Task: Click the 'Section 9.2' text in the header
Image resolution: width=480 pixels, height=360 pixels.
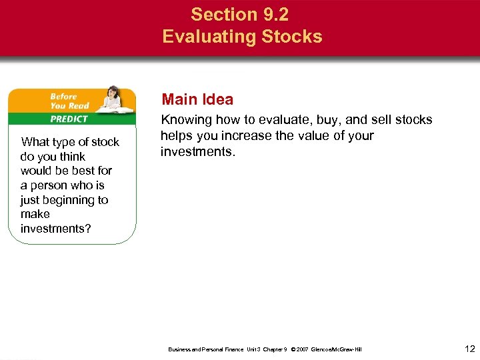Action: (239, 14)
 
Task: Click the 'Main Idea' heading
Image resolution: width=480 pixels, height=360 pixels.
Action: (197, 100)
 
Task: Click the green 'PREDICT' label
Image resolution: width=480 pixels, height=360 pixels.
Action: (69, 119)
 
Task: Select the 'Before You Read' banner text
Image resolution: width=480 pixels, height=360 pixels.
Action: (69, 101)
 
